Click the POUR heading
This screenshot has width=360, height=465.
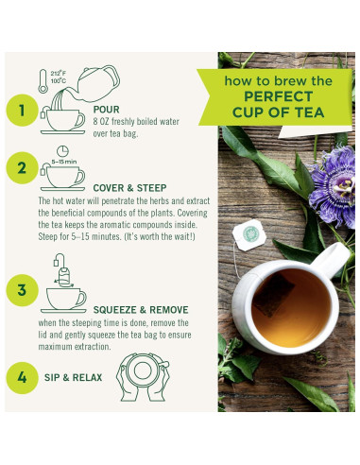click(106, 108)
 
